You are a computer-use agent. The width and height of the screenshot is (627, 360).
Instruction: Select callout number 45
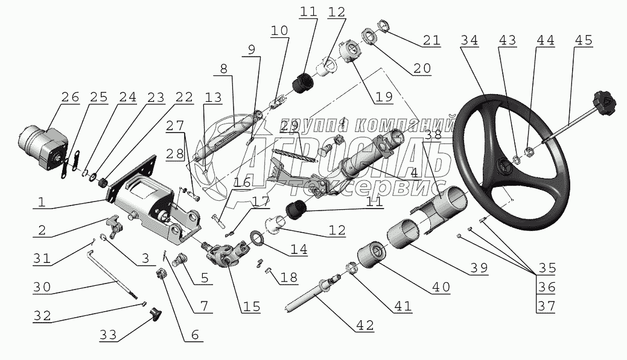tap(583, 40)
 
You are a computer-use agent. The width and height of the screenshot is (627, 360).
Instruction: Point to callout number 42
tap(365, 325)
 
